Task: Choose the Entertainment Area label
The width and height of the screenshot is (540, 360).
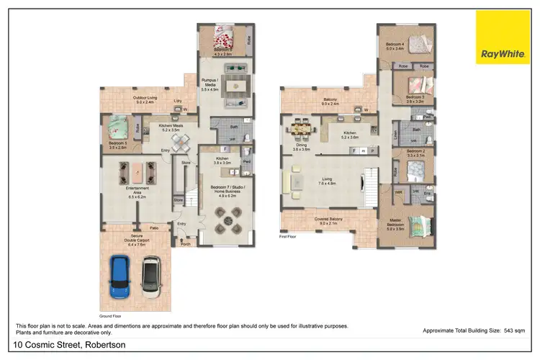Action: click(x=137, y=190)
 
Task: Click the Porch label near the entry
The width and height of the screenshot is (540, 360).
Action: click(x=186, y=243)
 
